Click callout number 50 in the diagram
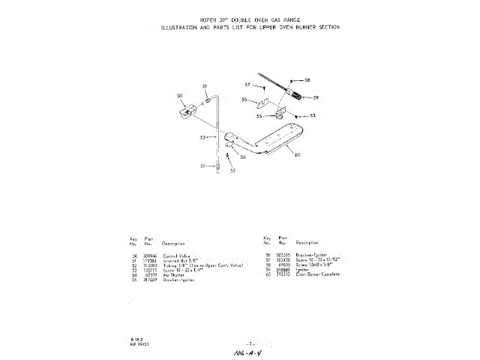tap(179, 96)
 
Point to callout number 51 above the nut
tap(204, 88)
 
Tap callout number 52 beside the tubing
tap(202, 138)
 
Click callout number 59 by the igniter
tap(316, 97)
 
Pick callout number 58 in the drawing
tap(307, 79)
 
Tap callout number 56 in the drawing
tap(244, 100)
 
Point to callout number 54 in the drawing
tap(242, 157)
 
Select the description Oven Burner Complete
tap(318, 274)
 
